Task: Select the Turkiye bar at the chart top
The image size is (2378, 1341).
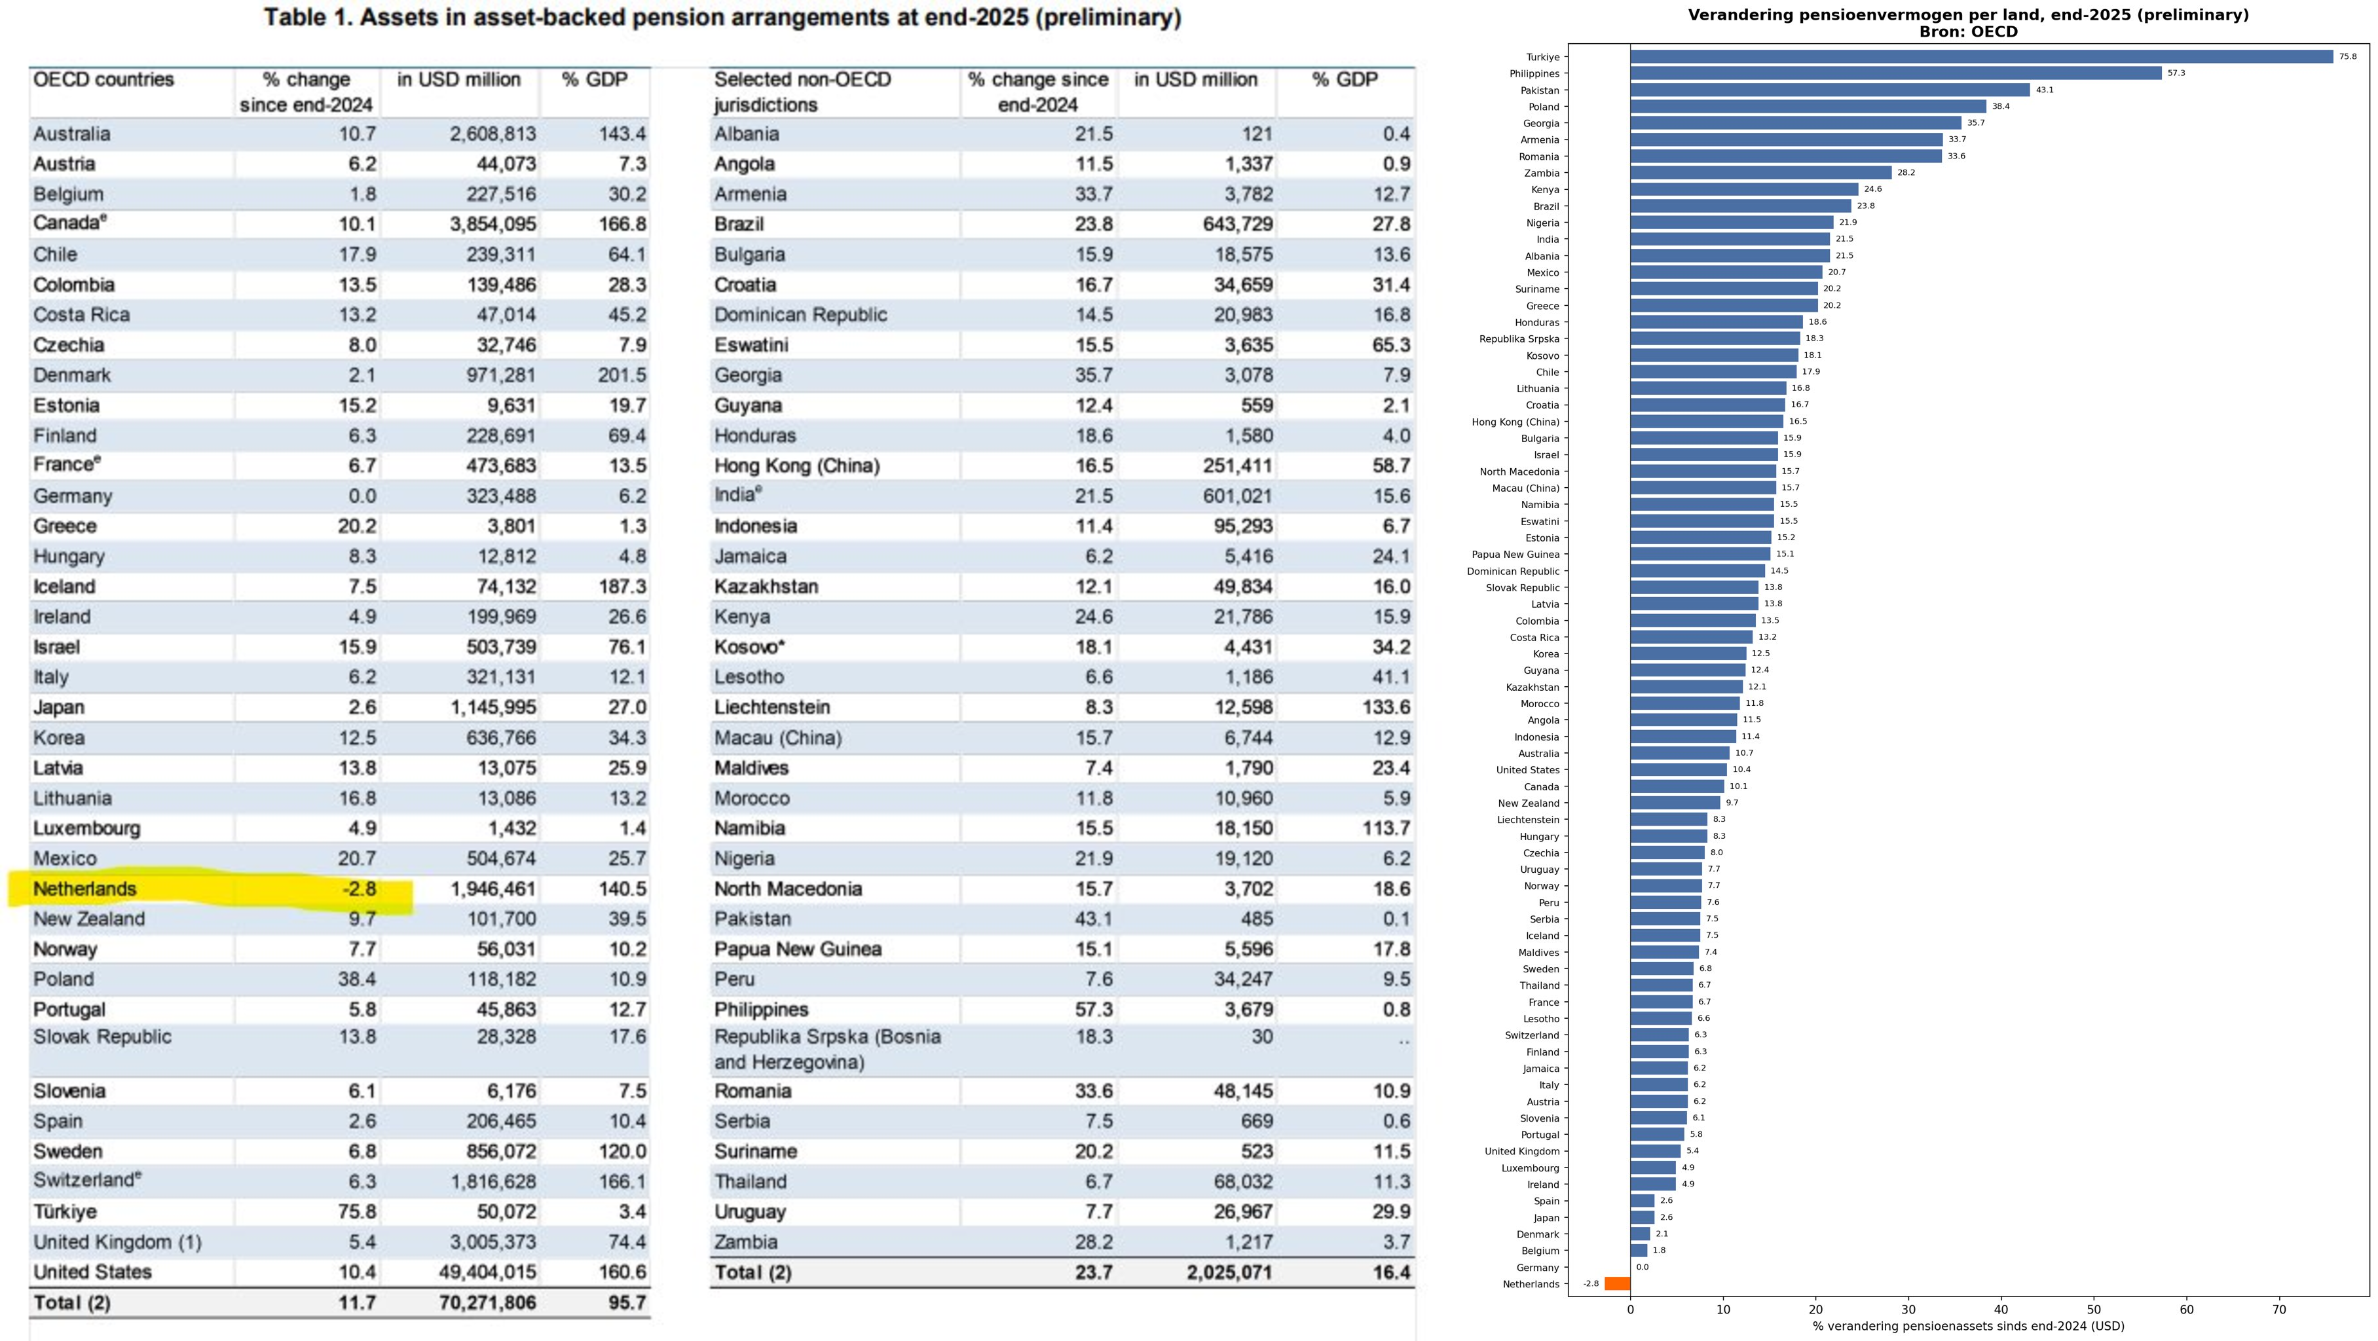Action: click(x=1981, y=56)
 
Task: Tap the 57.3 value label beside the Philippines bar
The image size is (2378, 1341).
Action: click(x=2176, y=73)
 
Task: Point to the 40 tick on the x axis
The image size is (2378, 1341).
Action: click(x=2000, y=1309)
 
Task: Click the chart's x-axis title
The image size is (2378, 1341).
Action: click(x=1968, y=1326)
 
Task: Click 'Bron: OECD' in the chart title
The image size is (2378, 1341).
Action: click(x=1968, y=31)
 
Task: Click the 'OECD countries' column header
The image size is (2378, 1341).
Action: click(x=103, y=79)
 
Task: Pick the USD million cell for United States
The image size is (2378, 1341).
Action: click(x=487, y=1272)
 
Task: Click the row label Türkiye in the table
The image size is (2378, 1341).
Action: click(x=65, y=1211)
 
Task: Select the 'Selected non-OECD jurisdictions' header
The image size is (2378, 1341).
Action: click(x=802, y=92)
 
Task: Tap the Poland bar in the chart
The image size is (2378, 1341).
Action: click(x=1808, y=106)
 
